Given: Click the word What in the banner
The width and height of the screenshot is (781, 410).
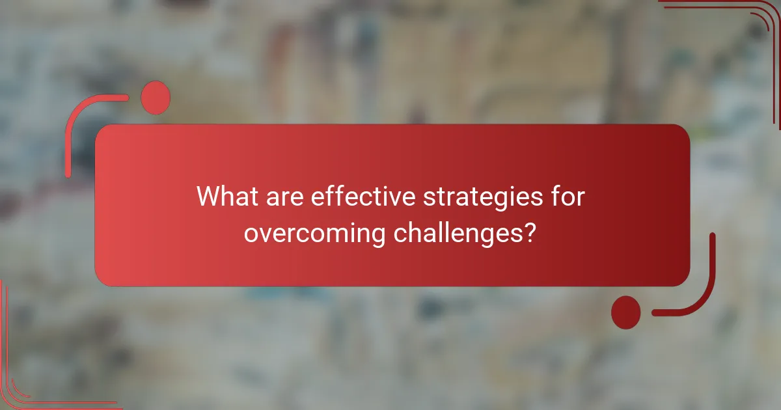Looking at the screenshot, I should point(226,196).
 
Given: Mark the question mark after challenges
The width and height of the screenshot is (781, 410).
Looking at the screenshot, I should point(530,232).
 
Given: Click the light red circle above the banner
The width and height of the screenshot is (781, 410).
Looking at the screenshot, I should point(156,97).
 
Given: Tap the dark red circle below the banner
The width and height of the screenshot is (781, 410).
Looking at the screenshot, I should point(625,312).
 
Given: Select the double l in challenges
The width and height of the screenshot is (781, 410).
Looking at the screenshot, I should point(449,232).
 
